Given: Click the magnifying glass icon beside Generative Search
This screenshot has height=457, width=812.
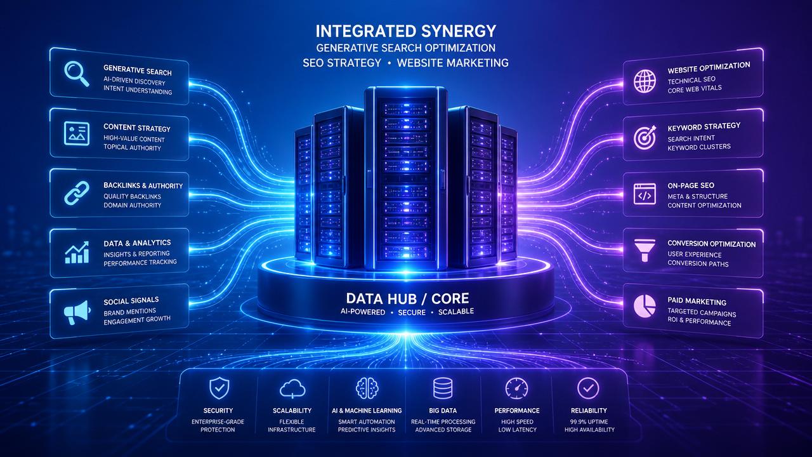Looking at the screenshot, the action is (x=77, y=74).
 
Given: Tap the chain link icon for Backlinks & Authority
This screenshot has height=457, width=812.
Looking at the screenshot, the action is (x=77, y=194).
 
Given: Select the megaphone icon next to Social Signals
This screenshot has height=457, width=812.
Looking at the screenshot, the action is (x=77, y=312).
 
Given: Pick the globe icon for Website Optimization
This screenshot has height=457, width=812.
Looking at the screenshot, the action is (x=645, y=81).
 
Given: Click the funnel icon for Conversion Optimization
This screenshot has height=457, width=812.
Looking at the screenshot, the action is (x=645, y=250).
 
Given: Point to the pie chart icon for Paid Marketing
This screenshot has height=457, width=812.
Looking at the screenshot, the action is (x=645, y=306).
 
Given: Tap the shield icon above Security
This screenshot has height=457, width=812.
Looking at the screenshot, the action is (x=219, y=388).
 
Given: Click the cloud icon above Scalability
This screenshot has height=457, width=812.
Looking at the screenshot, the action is (x=292, y=388).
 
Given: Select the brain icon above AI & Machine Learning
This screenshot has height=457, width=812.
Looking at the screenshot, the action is (x=367, y=388).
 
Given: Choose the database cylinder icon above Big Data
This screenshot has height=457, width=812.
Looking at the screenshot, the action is (x=443, y=388).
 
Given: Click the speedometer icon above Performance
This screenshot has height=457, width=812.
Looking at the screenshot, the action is (x=516, y=388).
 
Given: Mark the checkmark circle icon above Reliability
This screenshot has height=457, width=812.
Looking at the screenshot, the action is (x=588, y=388).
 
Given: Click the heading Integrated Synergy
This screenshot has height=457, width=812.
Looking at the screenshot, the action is (x=405, y=31).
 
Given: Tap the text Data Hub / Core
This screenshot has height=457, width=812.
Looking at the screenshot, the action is (x=407, y=298).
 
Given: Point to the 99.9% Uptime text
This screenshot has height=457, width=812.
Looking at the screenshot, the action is (x=589, y=422).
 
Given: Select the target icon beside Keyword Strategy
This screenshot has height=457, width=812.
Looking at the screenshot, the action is (x=645, y=138).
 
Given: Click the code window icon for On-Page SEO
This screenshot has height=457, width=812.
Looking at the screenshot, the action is (x=645, y=194).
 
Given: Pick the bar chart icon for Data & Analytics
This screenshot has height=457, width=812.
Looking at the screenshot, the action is (x=77, y=252).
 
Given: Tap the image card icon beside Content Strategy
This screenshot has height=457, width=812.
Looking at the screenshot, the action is (x=77, y=133).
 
